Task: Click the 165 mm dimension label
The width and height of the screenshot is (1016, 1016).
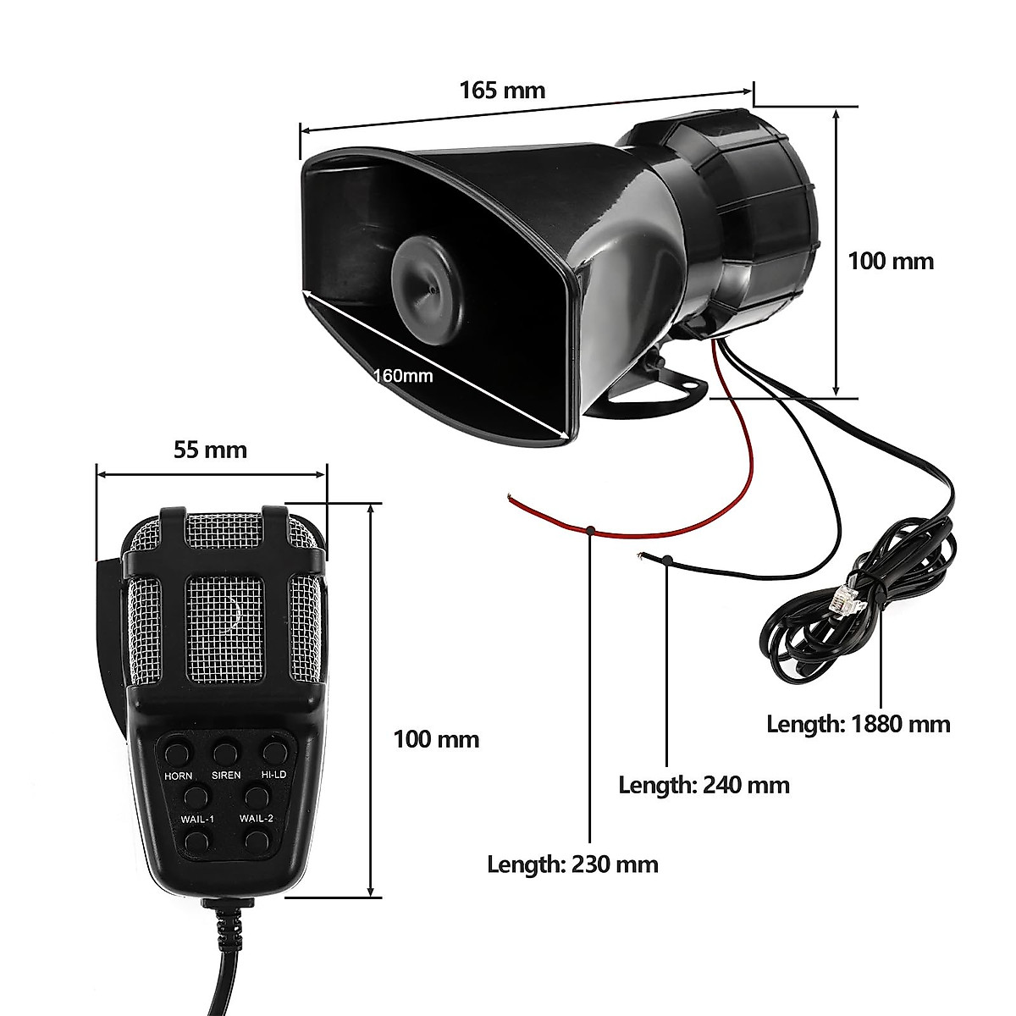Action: [502, 90]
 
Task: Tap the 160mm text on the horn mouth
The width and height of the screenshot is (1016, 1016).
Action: [403, 375]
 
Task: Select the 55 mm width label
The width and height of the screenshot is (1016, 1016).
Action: [211, 449]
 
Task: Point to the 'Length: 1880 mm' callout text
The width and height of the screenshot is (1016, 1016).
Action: [859, 724]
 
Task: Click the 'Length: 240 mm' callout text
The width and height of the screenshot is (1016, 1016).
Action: [704, 785]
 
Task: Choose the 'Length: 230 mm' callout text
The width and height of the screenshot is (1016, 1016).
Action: [572, 864]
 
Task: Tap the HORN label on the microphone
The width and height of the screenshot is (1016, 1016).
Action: [178, 776]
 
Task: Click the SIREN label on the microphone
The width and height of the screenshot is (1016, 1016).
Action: [226, 775]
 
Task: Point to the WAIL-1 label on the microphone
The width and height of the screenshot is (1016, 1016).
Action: [198, 819]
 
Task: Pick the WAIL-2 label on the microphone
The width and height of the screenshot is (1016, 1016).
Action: [256, 819]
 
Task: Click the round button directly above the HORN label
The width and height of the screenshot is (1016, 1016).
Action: [177, 752]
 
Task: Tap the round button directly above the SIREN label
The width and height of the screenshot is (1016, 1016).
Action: [225, 751]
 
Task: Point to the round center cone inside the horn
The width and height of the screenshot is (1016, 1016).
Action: [428, 288]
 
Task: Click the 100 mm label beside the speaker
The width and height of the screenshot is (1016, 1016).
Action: [891, 261]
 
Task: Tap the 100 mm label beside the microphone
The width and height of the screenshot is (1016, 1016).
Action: [436, 739]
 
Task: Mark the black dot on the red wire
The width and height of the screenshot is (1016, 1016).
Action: [589, 531]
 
